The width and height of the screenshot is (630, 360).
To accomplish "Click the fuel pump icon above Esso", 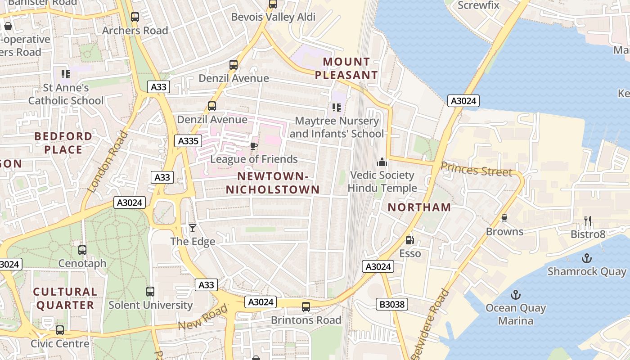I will click(x=409, y=240).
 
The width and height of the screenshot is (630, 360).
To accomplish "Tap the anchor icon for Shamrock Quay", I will click(x=586, y=258).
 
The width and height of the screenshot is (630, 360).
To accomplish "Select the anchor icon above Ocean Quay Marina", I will click(x=516, y=295).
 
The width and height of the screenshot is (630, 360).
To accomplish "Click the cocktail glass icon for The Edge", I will click(x=193, y=228).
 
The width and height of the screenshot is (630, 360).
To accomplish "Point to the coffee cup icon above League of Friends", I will click(x=253, y=146).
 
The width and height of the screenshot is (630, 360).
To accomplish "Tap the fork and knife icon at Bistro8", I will click(x=588, y=220).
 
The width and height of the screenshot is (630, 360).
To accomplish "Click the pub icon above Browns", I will click(x=504, y=218).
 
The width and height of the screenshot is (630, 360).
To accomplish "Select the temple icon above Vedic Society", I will click(x=382, y=162).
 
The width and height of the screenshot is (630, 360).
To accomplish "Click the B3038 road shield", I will click(x=392, y=305).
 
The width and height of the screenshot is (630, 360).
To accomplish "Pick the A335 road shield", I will click(x=188, y=141).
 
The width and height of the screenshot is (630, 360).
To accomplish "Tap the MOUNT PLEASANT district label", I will click(x=346, y=68).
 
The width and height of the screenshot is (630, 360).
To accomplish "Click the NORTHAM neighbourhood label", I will click(x=419, y=207).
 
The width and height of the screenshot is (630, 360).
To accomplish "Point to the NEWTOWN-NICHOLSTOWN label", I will click(x=273, y=183).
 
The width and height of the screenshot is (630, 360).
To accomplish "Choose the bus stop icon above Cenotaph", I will click(x=82, y=250).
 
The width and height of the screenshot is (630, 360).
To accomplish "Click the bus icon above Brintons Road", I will click(x=306, y=307).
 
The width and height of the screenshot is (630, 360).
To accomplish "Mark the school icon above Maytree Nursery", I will click(x=336, y=108).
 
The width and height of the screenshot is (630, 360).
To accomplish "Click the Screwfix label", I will click(x=478, y=5).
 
